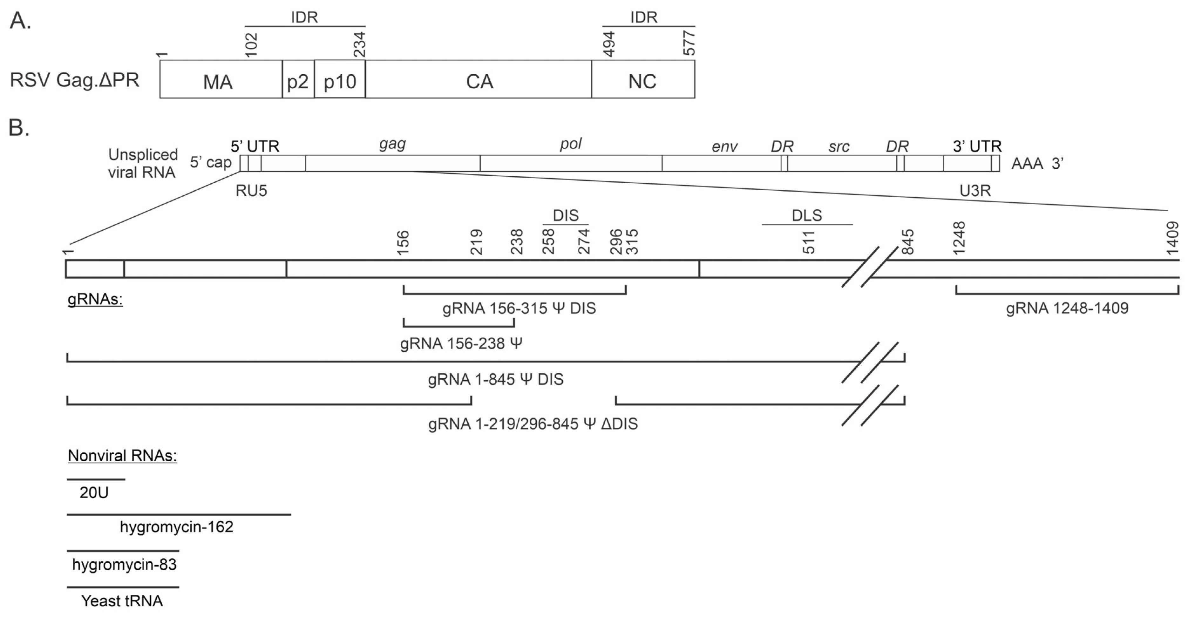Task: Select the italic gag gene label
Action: (x=392, y=144)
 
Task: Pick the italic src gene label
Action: (x=838, y=147)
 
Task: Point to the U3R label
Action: (x=975, y=190)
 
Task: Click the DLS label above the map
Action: (x=807, y=215)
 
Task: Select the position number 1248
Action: (x=959, y=238)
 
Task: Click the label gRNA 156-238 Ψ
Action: (x=461, y=343)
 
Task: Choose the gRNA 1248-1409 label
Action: (x=1067, y=308)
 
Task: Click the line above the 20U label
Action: (x=96, y=479)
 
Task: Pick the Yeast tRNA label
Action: (x=122, y=601)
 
